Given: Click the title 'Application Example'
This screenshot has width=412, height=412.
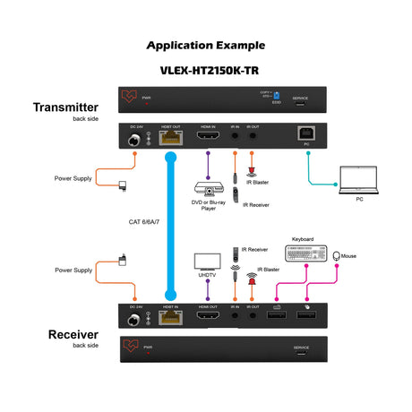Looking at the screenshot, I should point(205,45).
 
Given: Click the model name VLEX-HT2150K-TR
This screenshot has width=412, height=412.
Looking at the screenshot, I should point(205,69).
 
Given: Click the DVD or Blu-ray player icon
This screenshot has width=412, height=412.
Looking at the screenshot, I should point(208,190).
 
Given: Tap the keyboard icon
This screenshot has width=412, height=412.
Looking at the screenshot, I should point(306,253).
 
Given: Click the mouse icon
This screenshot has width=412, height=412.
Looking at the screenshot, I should point(337,256).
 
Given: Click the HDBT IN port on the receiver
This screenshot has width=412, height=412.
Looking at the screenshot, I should point(168,318).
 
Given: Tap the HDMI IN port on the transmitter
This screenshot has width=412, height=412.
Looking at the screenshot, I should point(209,138).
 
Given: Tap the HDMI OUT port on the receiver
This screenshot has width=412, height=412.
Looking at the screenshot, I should point(209,318).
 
